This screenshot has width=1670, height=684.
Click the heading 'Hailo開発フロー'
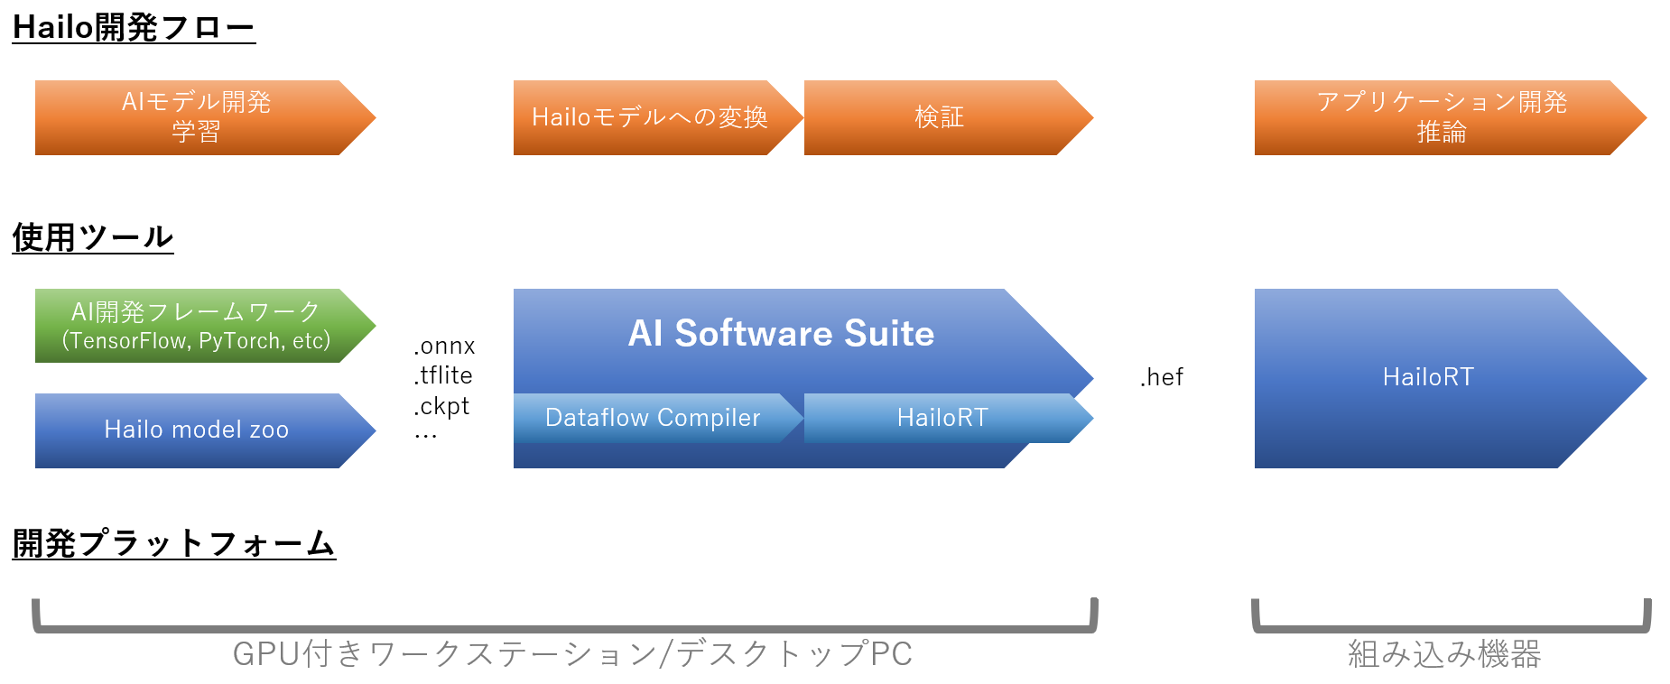pyautogui.click(x=134, y=28)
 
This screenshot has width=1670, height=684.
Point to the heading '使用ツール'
pyautogui.click(x=93, y=237)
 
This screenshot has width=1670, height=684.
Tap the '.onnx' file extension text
pyautogui.click(x=444, y=347)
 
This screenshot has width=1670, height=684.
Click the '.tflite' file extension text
pyautogui.click(x=443, y=375)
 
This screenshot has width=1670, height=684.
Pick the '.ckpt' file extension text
pyautogui.click(x=441, y=407)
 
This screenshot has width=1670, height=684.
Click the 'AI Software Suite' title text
pyautogui.click(x=781, y=334)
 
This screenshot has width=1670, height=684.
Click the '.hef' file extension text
pyautogui.click(x=1162, y=377)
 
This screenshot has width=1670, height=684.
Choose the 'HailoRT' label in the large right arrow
pyautogui.click(x=1428, y=377)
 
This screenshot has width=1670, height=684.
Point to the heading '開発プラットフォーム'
pyautogui.click(x=174, y=543)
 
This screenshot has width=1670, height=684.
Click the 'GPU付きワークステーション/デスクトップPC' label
pyautogui.click(x=572, y=654)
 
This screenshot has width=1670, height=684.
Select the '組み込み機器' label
pyautogui.click(x=1444, y=654)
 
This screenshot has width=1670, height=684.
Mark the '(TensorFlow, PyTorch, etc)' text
pyautogui.click(x=196, y=341)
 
